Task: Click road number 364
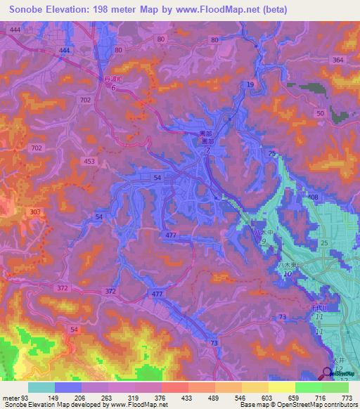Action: pyautogui.click(x=338, y=60)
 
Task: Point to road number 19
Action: pyautogui.click(x=250, y=84)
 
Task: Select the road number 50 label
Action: pyautogui.click(x=321, y=113)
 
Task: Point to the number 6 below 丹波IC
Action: pyautogui.click(x=114, y=87)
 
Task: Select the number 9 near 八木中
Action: pyautogui.click(x=264, y=241)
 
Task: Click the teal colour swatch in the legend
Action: pyautogui.click(x=41, y=387)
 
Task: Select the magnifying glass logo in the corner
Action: pyautogui.click(x=330, y=375)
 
